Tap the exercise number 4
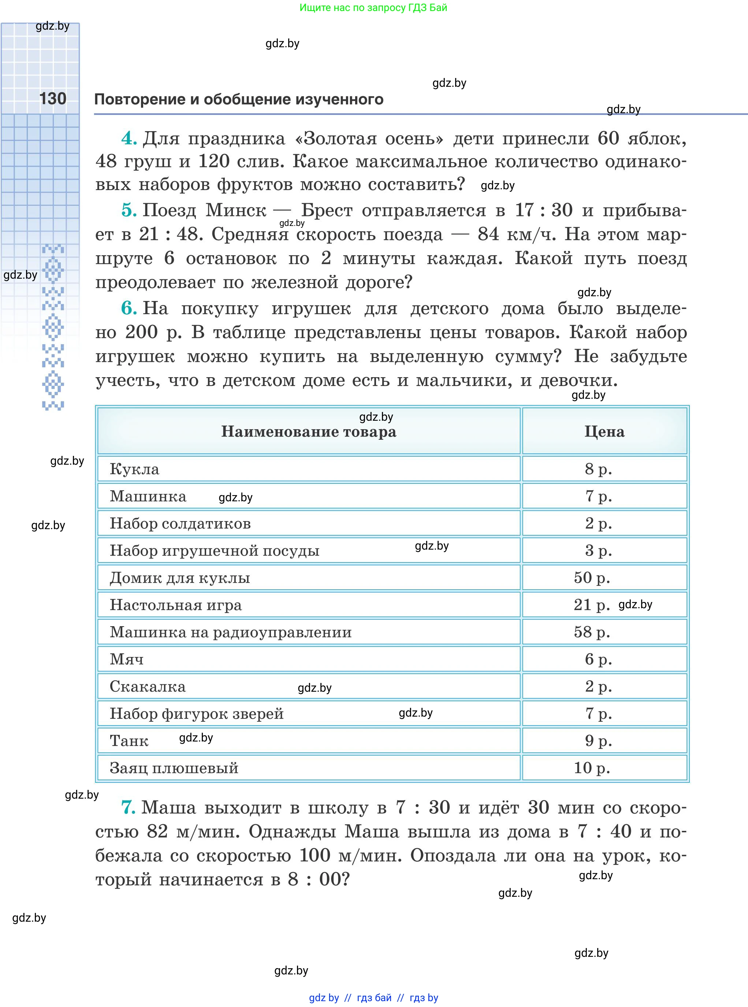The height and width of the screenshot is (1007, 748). coord(129,138)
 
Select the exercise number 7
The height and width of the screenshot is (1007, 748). coord(128,808)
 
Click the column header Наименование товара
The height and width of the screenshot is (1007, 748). coord(308,431)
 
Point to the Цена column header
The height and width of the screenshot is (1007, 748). coord(604,431)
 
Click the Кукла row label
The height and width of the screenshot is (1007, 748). coord(134,469)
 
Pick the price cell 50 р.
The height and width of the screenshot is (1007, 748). coord(591,578)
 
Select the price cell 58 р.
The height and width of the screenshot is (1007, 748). coord(591,632)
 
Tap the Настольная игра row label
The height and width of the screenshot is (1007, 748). coord(176,605)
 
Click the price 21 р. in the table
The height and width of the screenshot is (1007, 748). coord(591,605)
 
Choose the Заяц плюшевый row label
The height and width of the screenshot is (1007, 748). coord(174,768)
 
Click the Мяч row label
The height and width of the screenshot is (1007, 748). coord(126,659)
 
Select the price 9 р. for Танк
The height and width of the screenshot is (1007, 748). coord(598,741)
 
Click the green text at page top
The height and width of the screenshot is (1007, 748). coord(373,8)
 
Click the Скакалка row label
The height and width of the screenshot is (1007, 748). coord(148,687)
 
